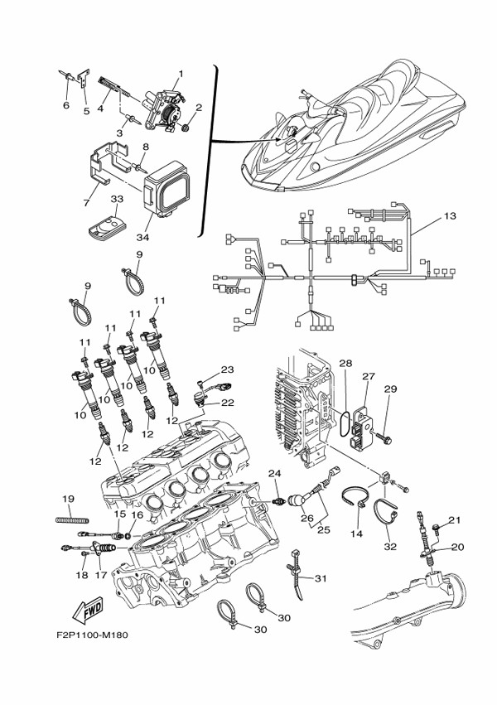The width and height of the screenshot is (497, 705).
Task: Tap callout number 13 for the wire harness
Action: [449, 217]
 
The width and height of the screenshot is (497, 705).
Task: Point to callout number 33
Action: [117, 200]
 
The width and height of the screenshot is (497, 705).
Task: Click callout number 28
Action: [346, 364]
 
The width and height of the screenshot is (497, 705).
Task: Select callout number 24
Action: [275, 474]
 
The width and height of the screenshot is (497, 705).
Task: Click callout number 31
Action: [321, 578]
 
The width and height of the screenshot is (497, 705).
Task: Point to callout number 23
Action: [228, 369]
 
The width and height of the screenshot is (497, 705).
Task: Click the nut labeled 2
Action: [186, 128]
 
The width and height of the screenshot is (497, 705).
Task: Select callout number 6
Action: [65, 105]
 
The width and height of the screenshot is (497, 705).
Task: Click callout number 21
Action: [453, 520]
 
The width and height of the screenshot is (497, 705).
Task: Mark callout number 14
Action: [356, 535]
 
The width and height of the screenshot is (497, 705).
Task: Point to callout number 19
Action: [69, 499]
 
